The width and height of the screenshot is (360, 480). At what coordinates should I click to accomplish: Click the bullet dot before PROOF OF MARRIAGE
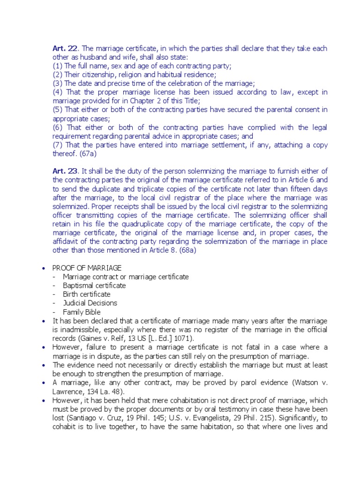(x=43, y=269)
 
